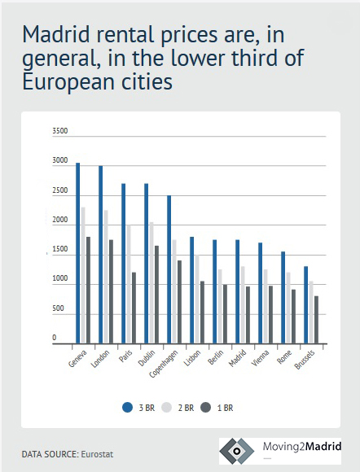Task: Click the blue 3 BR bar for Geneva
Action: click(77, 253)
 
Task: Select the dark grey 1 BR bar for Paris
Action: click(134, 308)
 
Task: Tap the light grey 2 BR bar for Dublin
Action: click(151, 282)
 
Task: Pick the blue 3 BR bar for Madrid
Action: click(237, 291)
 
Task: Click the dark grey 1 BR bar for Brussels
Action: click(316, 320)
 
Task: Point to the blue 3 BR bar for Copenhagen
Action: click(169, 269)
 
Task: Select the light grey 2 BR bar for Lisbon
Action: click(197, 299)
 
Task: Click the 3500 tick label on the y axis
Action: click(60, 131)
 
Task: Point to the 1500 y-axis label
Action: click(60, 249)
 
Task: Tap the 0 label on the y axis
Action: click(55, 338)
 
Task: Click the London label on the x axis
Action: click(100, 359)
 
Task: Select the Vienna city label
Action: click(260, 358)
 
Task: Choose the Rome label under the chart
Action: click(284, 357)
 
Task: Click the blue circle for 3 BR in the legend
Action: click(127, 408)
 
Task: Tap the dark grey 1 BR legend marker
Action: click(206, 408)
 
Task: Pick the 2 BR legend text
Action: click(186, 408)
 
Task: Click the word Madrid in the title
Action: click(56, 34)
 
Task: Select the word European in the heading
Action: click(68, 82)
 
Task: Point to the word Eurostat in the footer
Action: click(97, 454)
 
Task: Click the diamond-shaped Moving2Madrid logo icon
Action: click(237, 451)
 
